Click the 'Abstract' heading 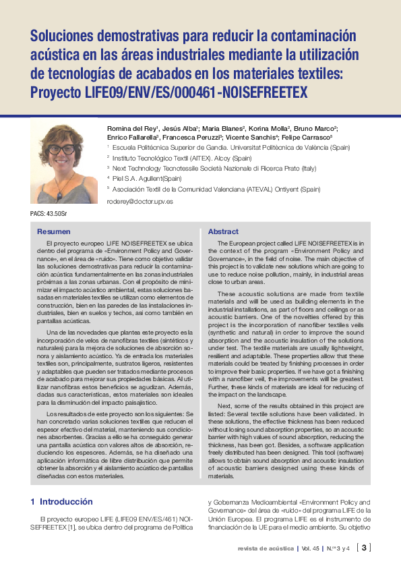point(223,231)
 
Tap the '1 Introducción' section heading point(61,502)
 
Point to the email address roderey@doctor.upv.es point(140,201)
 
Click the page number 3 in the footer point(365,548)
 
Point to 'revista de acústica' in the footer point(266,548)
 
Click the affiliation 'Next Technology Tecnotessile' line point(214,168)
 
